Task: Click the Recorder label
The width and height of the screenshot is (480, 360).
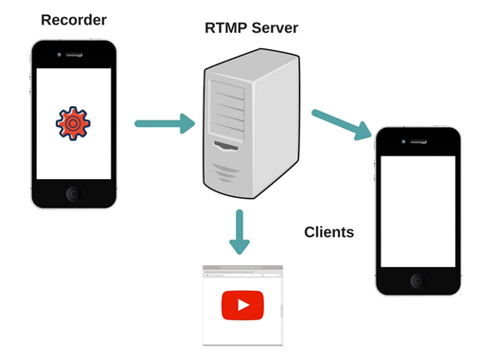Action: point(73,19)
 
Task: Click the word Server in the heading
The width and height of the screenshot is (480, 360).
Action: point(275,28)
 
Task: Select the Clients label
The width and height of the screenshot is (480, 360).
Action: point(329,232)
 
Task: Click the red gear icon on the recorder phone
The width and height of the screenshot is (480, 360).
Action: point(73,123)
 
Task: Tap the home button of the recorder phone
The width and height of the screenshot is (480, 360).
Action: point(73,194)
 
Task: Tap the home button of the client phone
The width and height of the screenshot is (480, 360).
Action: point(417,281)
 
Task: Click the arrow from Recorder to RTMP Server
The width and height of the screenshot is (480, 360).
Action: point(164,124)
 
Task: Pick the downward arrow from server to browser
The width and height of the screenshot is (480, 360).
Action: point(240,232)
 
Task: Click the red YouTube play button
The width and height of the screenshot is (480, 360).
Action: point(242,305)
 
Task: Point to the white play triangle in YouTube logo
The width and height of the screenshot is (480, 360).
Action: point(243,305)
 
